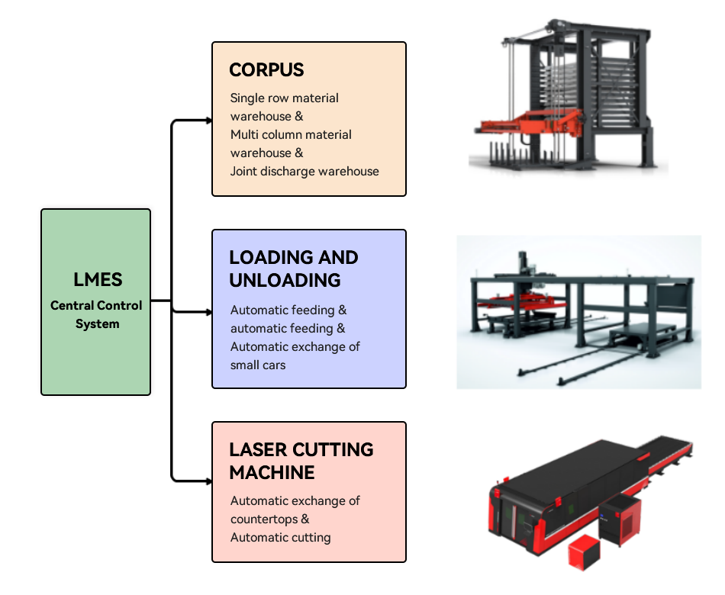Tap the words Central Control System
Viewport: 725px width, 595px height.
pyautogui.click(x=96, y=314)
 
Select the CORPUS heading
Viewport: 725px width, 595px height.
pyautogui.click(x=266, y=70)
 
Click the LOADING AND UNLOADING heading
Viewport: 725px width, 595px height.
pyautogui.click(x=294, y=269)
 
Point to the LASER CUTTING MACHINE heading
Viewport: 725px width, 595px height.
pyautogui.click(x=301, y=461)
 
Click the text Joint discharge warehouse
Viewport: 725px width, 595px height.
pyautogui.click(x=304, y=171)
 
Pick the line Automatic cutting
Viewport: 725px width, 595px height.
pyautogui.click(x=280, y=537)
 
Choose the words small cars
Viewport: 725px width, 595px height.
pyautogui.click(x=258, y=365)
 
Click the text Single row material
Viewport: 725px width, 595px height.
pyautogui.click(x=285, y=98)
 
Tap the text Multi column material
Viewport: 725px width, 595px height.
pyautogui.click(x=291, y=134)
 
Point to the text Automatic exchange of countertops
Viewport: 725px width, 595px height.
pyautogui.click(x=295, y=510)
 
